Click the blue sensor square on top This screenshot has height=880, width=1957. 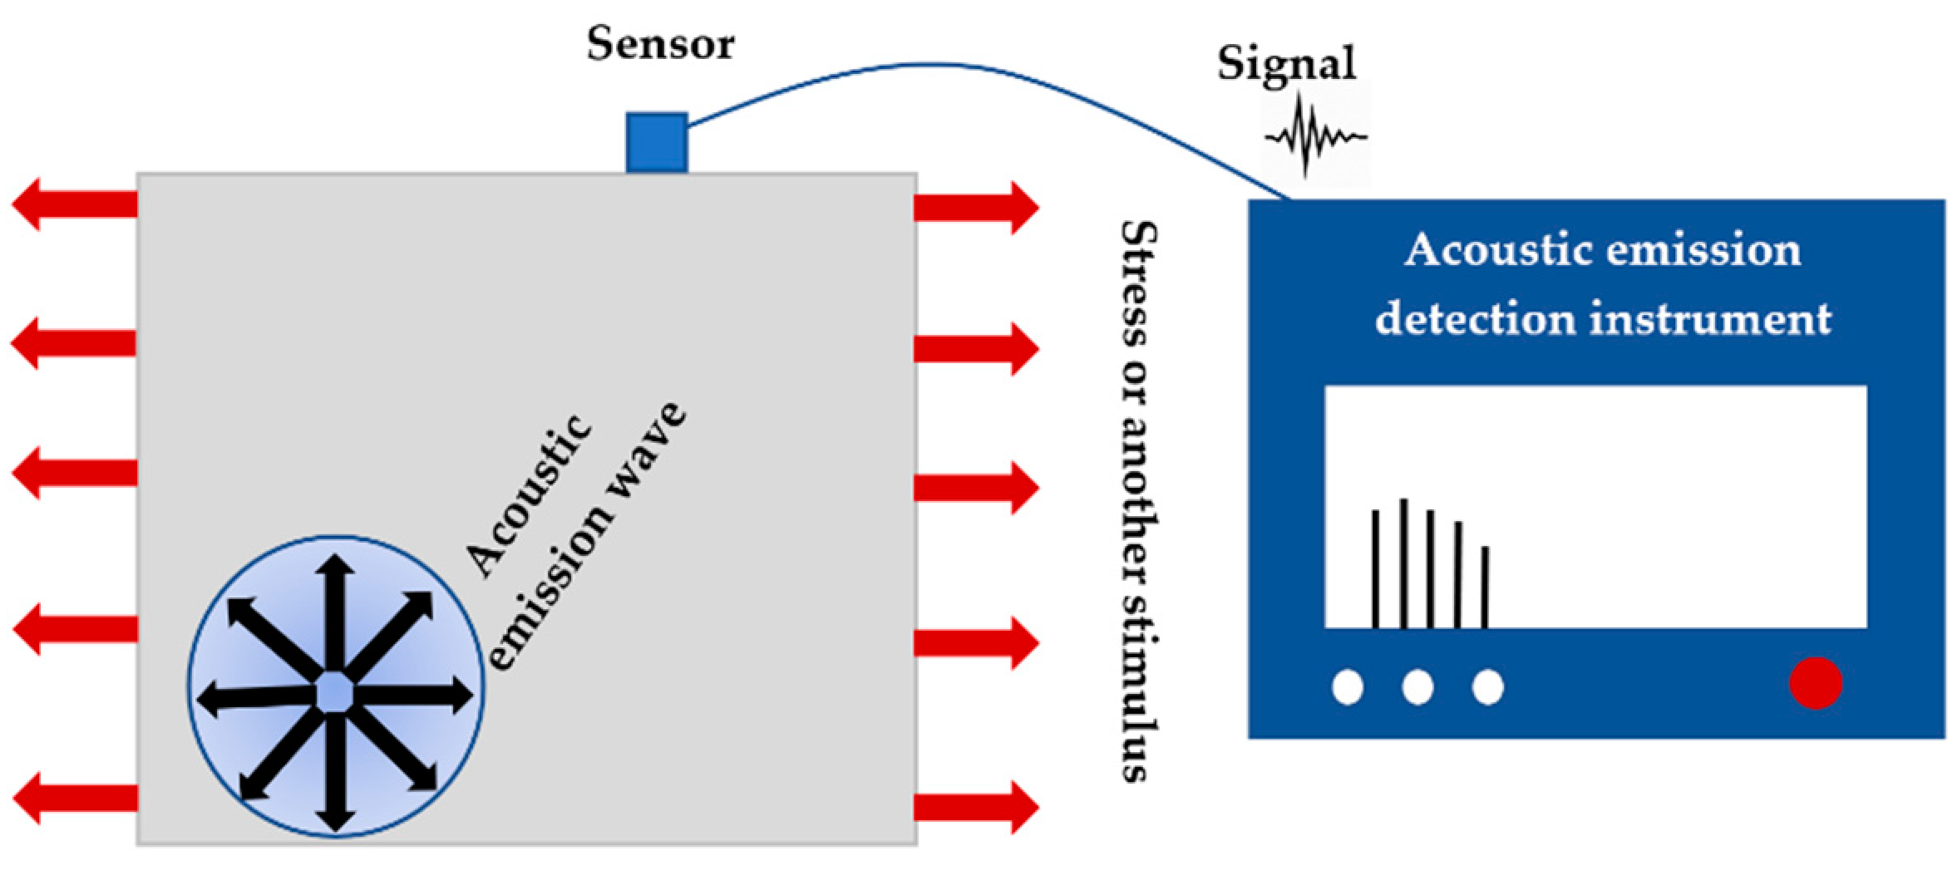[x=656, y=142]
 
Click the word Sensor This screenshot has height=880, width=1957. [x=660, y=44]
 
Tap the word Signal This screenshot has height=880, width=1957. [x=1286, y=63]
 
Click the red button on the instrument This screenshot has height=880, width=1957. [x=1816, y=683]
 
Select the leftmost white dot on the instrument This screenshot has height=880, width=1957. [x=1348, y=687]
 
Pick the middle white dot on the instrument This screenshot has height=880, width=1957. [x=1417, y=687]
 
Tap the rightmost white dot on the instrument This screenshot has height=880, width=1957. [x=1487, y=687]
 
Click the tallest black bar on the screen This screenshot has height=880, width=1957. [x=1403, y=563]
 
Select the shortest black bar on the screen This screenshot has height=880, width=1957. [x=1485, y=587]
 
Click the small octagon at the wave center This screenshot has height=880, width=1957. [x=335, y=691]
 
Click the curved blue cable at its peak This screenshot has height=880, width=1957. [x=931, y=65]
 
